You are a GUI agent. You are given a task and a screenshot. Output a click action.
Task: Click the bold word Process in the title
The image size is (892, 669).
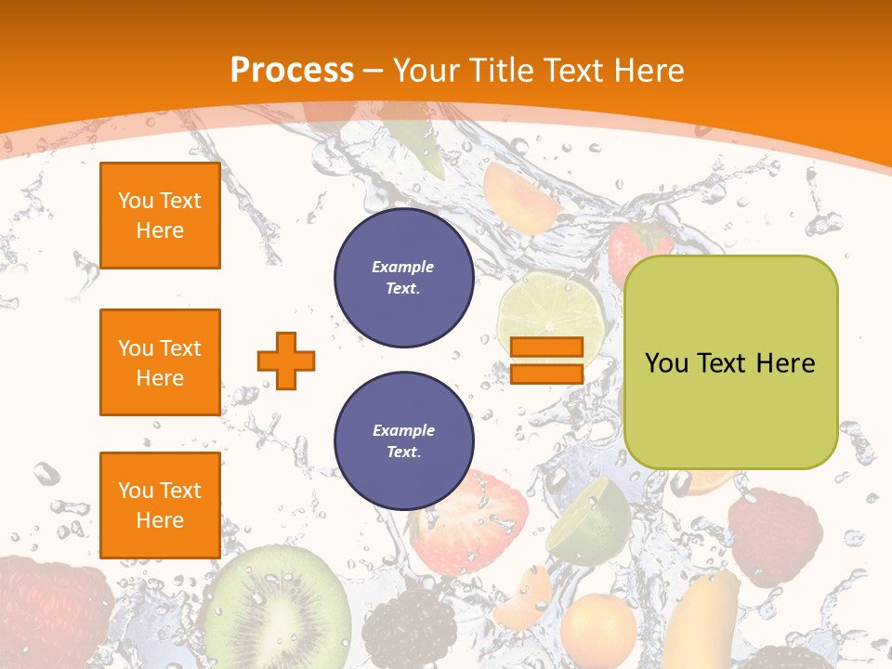pyautogui.click(x=292, y=70)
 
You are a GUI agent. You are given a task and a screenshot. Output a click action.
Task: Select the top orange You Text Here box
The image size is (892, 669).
pyautogui.click(x=160, y=216)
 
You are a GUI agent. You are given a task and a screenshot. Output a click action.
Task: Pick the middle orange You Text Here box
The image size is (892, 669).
pyautogui.click(x=160, y=362)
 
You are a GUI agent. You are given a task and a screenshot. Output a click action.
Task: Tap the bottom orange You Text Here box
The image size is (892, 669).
pyautogui.click(x=160, y=505)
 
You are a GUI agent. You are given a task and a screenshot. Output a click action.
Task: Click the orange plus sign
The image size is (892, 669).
pyautogui.click(x=286, y=361)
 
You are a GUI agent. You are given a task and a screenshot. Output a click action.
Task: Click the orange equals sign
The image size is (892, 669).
pyautogui.click(x=546, y=361)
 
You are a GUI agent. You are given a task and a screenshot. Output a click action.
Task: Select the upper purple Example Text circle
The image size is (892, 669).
pyautogui.click(x=403, y=278)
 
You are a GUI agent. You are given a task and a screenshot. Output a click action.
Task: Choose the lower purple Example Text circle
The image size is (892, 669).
pyautogui.click(x=403, y=441)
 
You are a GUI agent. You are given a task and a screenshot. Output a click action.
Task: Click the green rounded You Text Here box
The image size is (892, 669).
pyautogui.click(x=730, y=362)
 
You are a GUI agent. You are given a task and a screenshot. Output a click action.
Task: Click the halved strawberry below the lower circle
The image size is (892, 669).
pyautogui.click(x=474, y=520)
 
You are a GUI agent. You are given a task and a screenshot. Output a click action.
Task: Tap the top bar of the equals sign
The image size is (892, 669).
pyautogui.click(x=546, y=348)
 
